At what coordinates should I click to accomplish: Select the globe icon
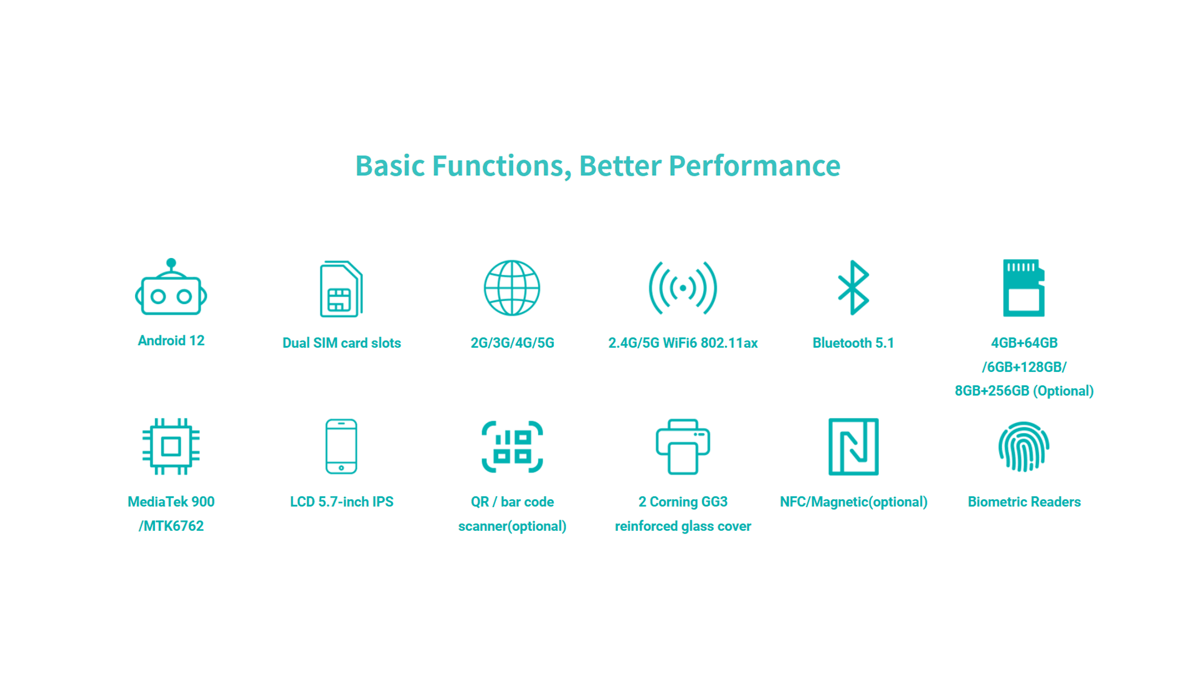pos(512,288)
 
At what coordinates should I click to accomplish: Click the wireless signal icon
pos(683,288)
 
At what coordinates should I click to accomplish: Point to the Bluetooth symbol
pos(853,287)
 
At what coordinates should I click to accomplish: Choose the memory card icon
pos(1023,288)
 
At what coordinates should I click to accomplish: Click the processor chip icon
pos(171,446)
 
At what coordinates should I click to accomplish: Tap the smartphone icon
pos(341,446)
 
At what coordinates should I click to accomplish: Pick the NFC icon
pos(853,446)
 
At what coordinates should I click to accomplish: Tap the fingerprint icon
pos(1024,446)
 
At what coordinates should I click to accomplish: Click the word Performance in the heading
pos(754,166)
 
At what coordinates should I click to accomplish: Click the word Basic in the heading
pos(390,166)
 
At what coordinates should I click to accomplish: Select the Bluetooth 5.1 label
pos(853,343)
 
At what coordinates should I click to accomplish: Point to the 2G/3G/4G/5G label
pos(512,343)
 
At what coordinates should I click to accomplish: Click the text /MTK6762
pos(171,526)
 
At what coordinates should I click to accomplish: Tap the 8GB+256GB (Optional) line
pos(1024,391)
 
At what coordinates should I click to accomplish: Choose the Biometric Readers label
pos(1024,502)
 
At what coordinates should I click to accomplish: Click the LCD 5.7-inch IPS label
pos(341,502)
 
